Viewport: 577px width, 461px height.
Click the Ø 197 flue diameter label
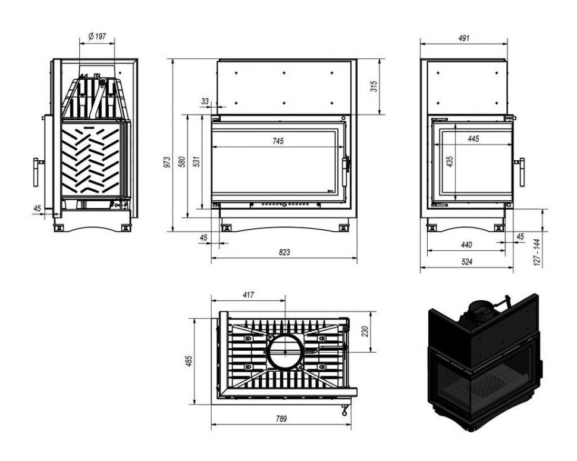(96, 37)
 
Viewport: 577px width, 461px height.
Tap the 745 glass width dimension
(278, 141)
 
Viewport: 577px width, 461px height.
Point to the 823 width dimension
(284, 253)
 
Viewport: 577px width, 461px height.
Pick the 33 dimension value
(205, 102)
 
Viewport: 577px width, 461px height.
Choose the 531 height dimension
(197, 161)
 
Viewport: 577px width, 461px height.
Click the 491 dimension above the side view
(465, 38)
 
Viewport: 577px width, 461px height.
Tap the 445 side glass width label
(473, 139)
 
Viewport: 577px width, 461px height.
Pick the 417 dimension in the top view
(248, 295)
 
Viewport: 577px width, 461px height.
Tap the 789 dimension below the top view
(281, 419)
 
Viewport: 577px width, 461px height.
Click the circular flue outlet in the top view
(286, 351)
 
